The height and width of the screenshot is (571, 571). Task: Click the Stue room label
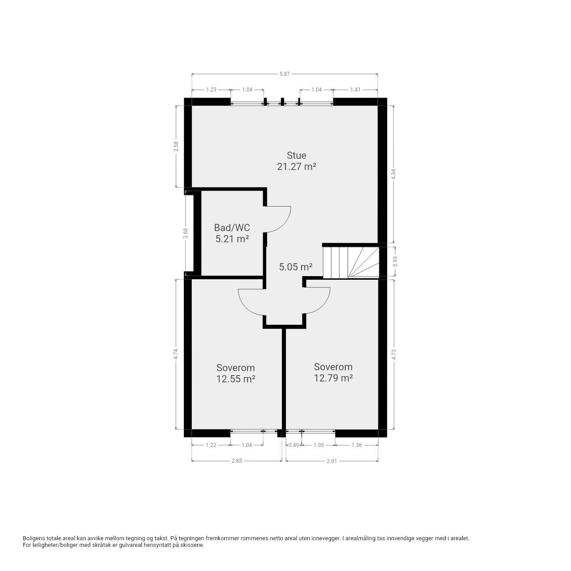click(296, 155)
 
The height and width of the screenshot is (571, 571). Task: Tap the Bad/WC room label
click(232, 228)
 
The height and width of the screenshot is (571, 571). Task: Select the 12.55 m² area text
click(236, 379)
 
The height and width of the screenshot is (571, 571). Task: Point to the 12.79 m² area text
click(333, 378)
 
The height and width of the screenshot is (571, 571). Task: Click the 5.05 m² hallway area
click(295, 267)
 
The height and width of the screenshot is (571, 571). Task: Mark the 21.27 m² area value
click(296, 167)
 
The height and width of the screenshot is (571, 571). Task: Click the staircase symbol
click(350, 262)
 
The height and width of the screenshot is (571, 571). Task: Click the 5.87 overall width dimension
click(285, 74)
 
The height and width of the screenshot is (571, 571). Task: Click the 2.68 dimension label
click(186, 233)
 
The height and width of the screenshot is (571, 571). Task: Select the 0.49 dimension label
click(294, 445)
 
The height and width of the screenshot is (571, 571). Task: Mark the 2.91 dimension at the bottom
click(331, 461)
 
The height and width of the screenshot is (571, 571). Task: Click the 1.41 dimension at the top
click(355, 90)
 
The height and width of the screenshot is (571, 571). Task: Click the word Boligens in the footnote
click(34, 538)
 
